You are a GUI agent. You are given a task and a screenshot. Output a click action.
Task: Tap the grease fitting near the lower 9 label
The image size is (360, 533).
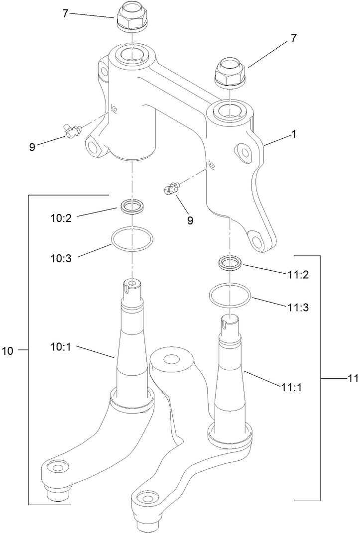(x=172, y=189)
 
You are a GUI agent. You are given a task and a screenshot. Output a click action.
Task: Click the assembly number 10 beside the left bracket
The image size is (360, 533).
(x=7, y=351)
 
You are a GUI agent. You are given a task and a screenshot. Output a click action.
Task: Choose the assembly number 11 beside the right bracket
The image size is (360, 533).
(x=353, y=379)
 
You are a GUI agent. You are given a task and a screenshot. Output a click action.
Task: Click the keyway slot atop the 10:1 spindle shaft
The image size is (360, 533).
(x=131, y=285)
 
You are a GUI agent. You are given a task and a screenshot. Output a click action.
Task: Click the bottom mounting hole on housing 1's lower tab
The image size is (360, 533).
(x=258, y=241)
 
